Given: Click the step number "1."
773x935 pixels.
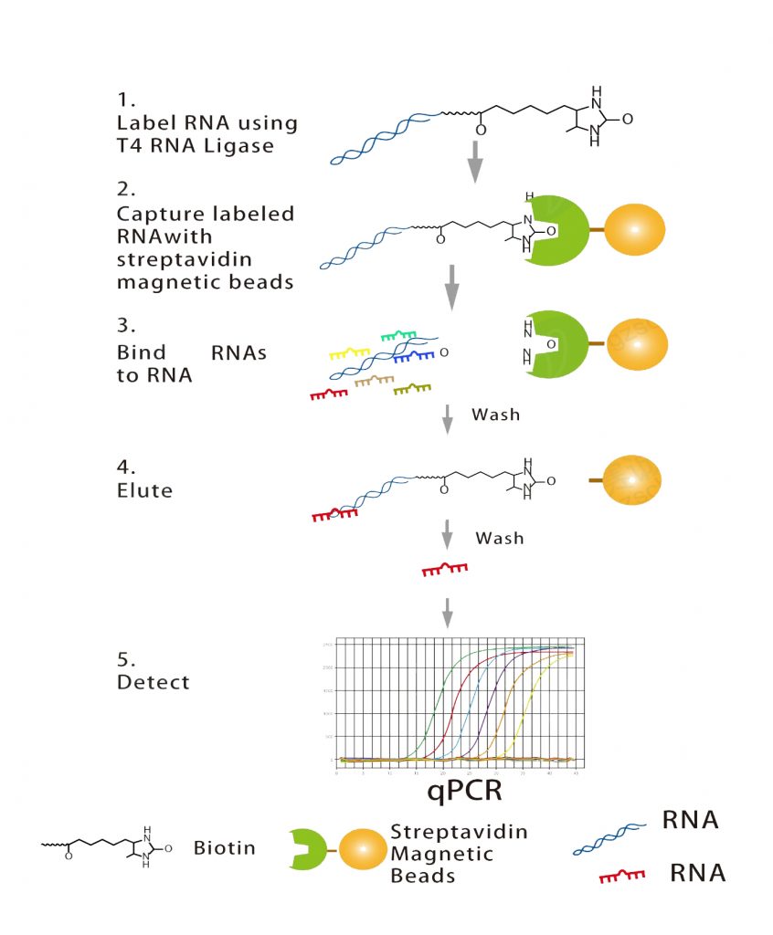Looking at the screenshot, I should coord(125,99).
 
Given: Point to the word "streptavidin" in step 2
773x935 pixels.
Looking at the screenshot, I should coord(173,259).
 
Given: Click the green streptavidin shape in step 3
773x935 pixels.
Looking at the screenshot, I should coord(548,344).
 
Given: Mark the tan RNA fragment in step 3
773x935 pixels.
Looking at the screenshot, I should coord(373,381).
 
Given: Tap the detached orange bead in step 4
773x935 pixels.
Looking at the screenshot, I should coord(630,478).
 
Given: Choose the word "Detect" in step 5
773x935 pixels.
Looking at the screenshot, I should coord(153,681).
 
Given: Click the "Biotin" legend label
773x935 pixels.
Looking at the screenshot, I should coord(224,848).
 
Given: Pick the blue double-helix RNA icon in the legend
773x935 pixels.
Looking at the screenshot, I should coord(606,836).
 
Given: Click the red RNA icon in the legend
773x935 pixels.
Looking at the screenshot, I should coord(621,876).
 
